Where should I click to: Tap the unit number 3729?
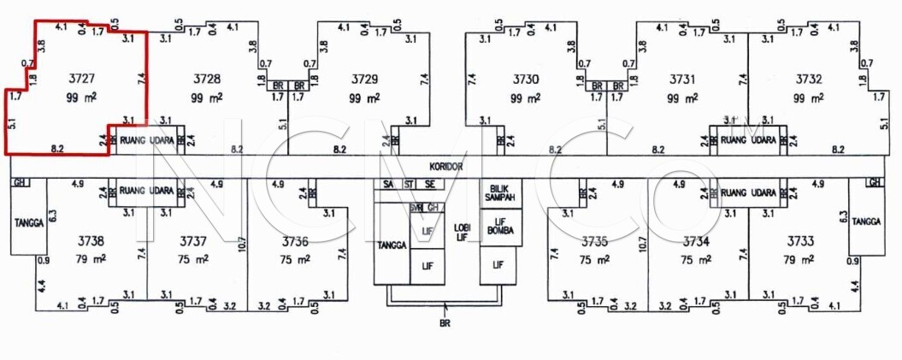coord(364,79)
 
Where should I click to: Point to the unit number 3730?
coord(527,79)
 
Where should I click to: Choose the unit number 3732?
coord(808,79)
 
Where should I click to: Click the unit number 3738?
coord(90,241)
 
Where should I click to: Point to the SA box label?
coord(389,185)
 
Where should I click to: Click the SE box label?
coord(429,185)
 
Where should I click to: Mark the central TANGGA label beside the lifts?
coord(392,245)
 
